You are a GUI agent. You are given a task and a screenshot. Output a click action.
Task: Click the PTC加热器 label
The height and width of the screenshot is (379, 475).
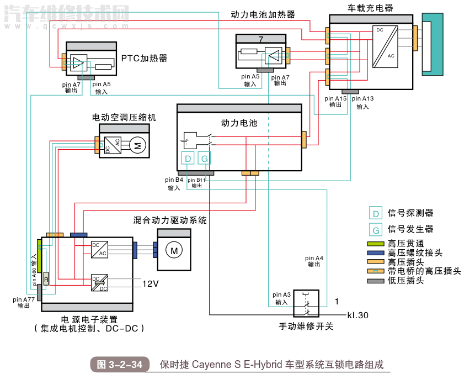[x=144, y=58]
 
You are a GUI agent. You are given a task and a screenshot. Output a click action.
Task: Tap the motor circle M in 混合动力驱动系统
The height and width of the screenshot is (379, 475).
[x=174, y=251]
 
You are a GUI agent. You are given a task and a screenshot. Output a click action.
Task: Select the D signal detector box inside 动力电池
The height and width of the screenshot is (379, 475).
[x=188, y=159]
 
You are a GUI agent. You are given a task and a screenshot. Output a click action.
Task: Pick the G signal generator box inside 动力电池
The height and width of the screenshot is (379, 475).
[x=204, y=159]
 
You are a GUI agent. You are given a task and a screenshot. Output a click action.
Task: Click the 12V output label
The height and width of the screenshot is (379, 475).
[x=151, y=283]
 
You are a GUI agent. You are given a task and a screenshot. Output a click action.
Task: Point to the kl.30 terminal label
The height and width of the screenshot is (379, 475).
[x=357, y=315]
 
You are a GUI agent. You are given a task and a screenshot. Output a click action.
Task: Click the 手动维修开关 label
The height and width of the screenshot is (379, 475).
[x=306, y=326]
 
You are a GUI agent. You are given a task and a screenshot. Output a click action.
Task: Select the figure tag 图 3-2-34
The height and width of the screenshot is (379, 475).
[x=120, y=365]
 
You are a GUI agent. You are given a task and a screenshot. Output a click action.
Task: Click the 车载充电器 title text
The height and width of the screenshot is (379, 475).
[x=371, y=8]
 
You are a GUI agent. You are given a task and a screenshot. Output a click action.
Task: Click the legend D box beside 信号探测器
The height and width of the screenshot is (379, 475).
[x=376, y=213]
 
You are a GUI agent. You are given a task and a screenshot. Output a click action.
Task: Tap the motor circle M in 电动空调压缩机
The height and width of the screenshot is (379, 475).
[x=138, y=146]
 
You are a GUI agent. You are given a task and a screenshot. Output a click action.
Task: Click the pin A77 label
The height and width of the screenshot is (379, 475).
[x=24, y=299]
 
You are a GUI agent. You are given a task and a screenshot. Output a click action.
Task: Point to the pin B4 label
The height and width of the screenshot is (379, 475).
[x=174, y=180]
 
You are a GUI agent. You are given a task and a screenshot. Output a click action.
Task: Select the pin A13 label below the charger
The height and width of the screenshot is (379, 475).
[x=362, y=99]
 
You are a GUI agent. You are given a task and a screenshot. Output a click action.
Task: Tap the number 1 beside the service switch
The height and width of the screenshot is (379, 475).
[x=337, y=301]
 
